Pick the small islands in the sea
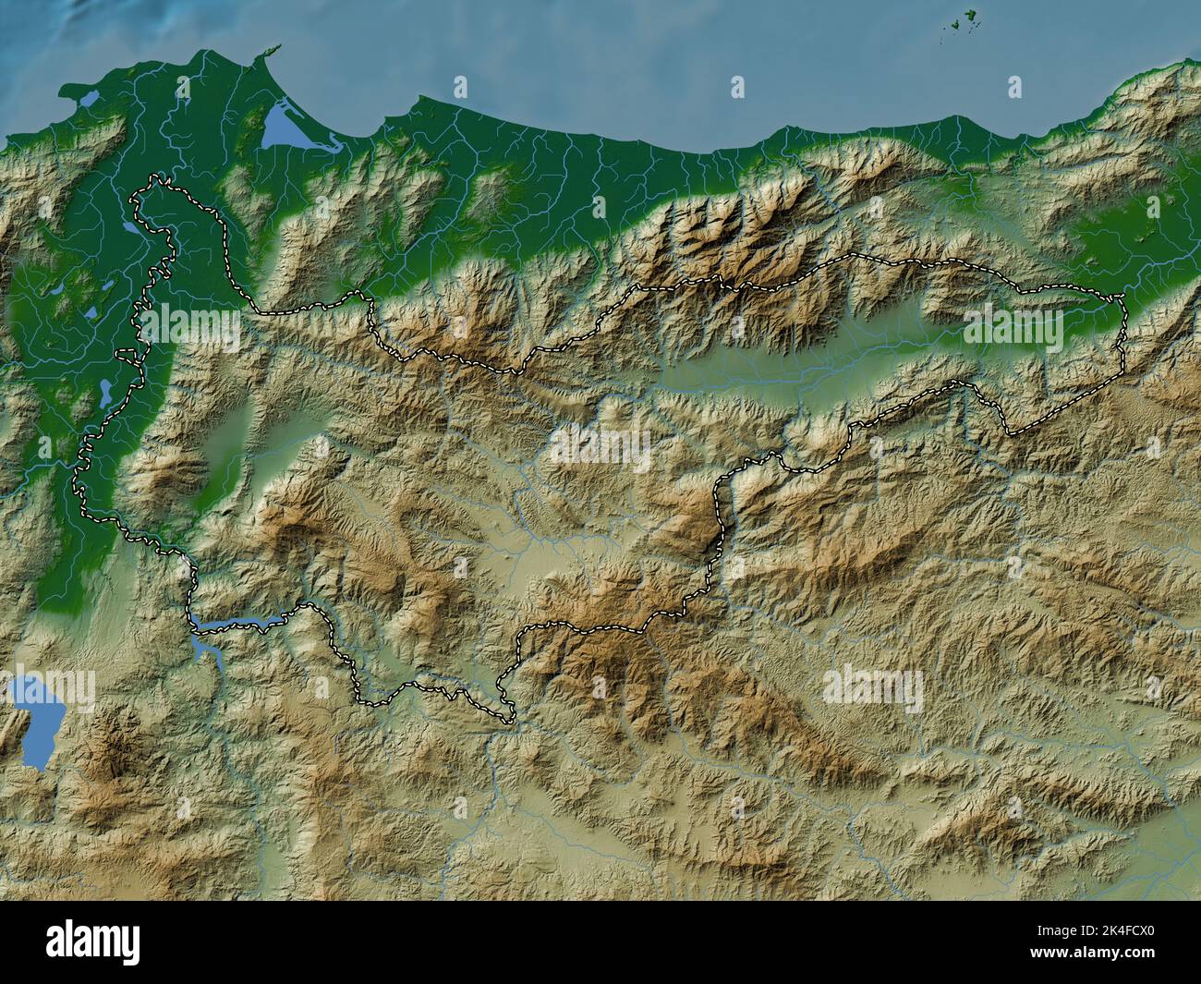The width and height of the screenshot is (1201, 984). tap(965, 20)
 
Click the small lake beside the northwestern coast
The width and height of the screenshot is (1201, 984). tap(85, 97)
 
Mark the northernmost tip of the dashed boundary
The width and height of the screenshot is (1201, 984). tap(159, 178)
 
